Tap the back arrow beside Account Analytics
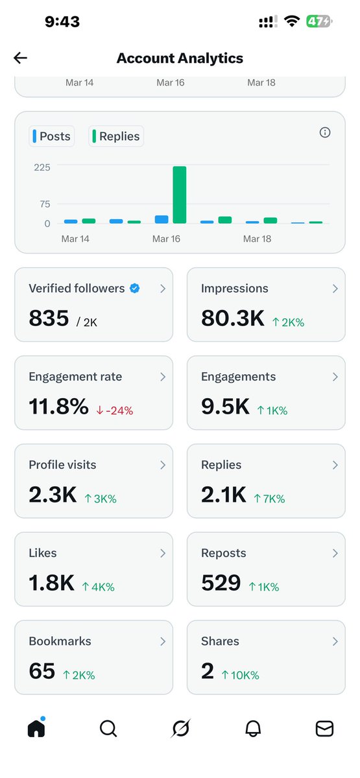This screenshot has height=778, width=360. [x=21, y=58]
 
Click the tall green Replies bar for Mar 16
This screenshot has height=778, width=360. [x=180, y=194]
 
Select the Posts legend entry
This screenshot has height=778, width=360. [x=51, y=136]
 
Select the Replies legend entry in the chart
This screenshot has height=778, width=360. [x=116, y=136]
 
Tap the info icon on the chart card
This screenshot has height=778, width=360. [x=325, y=132]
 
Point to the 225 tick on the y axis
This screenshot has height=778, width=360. [x=43, y=167]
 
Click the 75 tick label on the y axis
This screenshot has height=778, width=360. [x=45, y=204]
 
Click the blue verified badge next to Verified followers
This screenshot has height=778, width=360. [x=135, y=289]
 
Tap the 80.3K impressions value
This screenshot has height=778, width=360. [x=232, y=318]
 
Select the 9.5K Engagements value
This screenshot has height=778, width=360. [x=224, y=407]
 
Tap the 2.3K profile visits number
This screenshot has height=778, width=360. [x=52, y=495]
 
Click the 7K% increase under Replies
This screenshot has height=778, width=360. [x=269, y=499]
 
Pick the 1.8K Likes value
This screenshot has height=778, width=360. [x=51, y=583]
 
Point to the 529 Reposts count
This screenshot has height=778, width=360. [x=221, y=583]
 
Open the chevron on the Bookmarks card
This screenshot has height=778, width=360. [x=163, y=641]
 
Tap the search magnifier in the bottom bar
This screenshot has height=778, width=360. [x=108, y=729]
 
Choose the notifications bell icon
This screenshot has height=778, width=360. [x=253, y=729]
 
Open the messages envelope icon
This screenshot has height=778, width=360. [x=324, y=729]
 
